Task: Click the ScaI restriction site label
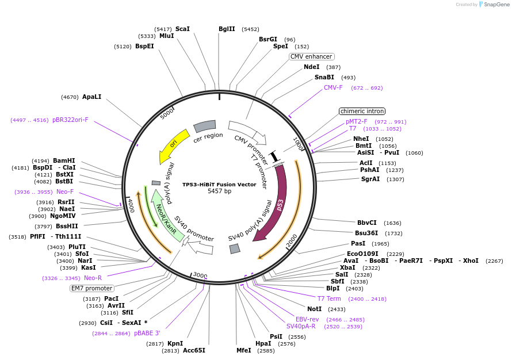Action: [182, 29]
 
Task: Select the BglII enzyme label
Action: [227, 29]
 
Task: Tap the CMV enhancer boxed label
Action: [311, 56]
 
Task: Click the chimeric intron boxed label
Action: [362, 111]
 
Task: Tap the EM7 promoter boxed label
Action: [92, 288]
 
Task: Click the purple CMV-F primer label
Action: [333, 87]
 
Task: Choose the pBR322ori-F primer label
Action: [70, 120]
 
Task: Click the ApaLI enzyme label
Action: [91, 97]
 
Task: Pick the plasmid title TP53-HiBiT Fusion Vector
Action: [219, 184]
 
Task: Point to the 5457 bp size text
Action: [219, 191]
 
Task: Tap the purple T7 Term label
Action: [329, 298]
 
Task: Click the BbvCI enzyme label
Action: [366, 223]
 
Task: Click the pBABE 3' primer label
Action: [147, 333]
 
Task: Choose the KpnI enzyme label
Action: [175, 343]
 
